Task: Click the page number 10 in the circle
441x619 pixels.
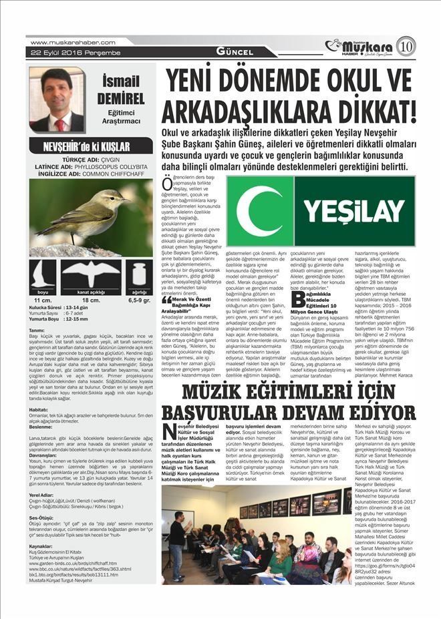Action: tap(405, 46)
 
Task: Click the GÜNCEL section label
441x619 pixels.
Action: tap(234, 52)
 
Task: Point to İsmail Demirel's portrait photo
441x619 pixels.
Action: tap(57, 99)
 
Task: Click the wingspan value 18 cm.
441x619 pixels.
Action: tap(91, 300)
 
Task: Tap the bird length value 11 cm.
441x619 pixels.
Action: tap(43, 300)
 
